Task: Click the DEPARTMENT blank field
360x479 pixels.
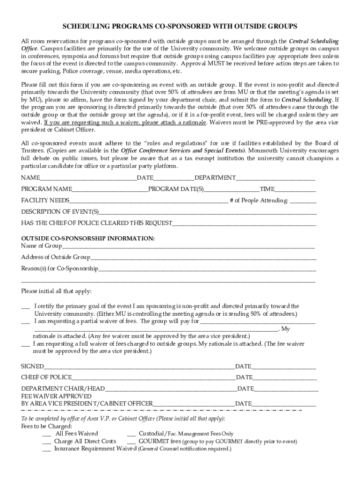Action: [275, 179]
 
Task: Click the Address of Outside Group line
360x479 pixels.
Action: [203, 258]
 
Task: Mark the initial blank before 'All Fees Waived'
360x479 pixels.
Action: [46, 434]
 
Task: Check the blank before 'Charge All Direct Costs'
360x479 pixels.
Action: [46, 442]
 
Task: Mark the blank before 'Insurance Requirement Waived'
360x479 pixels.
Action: [46, 449]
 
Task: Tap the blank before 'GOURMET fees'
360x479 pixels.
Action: [131, 442]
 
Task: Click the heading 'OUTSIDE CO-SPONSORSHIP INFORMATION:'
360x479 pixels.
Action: [88, 238]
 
